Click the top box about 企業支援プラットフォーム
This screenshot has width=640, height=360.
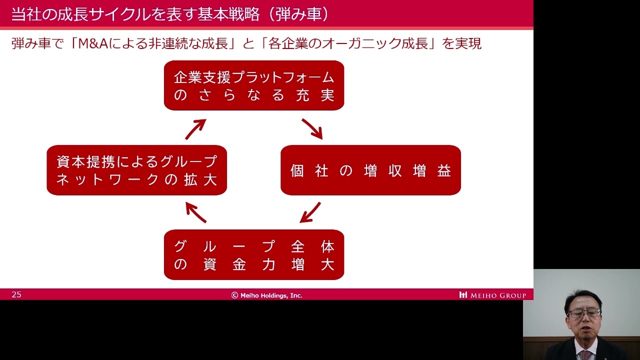[254, 85]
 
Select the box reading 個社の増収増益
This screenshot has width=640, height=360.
[370, 170]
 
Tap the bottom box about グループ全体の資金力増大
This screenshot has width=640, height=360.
[254, 254]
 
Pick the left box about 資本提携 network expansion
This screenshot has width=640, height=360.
[136, 170]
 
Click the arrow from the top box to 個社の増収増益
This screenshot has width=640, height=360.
[312, 128]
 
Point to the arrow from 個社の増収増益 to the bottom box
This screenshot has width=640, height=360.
[310, 212]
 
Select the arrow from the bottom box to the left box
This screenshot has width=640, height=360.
[195, 212]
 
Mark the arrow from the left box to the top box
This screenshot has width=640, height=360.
[195, 129]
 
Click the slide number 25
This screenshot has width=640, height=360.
[16, 294]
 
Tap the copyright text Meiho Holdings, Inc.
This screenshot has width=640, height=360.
[267, 295]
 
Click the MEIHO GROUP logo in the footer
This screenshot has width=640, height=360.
[492, 295]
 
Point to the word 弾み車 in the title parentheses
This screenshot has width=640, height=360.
[298, 14]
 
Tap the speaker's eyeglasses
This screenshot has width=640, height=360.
[583, 313]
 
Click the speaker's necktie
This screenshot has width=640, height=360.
[584, 354]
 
